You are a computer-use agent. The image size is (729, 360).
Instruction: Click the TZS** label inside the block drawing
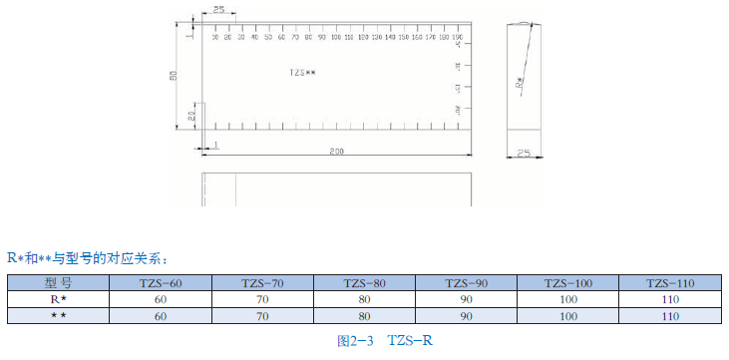point(302,73)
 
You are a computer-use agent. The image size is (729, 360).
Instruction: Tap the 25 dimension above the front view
point(217,9)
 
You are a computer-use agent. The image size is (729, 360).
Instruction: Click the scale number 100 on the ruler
point(335,36)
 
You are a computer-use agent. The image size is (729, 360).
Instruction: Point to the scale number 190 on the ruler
point(457,36)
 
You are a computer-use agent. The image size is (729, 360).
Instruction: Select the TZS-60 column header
point(161,283)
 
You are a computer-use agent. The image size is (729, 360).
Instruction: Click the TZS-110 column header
point(670,283)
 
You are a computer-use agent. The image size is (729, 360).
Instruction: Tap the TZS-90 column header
point(467,283)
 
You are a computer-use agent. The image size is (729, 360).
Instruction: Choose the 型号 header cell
point(59,283)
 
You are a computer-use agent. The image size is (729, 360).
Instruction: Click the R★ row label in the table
point(59,299)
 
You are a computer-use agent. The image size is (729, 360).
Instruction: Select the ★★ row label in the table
point(59,315)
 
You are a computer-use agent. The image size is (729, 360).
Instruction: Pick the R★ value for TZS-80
point(365,299)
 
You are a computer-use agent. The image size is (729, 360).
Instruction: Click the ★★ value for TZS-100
point(568,315)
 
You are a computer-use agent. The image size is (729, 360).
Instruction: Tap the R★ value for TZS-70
point(262,299)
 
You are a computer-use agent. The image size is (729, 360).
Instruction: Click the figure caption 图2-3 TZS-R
point(384,341)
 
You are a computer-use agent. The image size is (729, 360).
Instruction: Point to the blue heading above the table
point(91,258)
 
